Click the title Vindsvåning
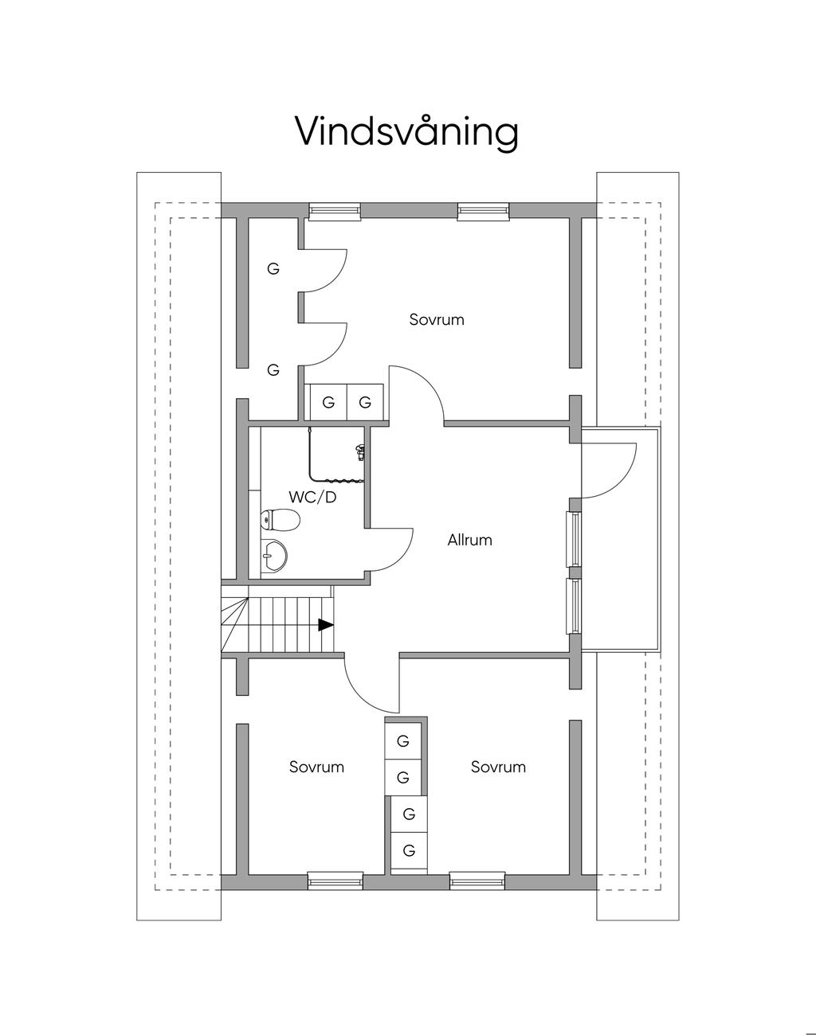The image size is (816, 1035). pos(406,131)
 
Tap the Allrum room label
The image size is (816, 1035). pos(469,540)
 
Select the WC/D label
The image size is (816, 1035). pos(312,497)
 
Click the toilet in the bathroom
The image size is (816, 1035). pos(280,521)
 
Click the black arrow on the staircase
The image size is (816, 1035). pos(325,625)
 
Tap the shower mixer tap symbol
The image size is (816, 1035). pos(361,451)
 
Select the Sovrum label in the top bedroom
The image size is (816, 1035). pos(437,320)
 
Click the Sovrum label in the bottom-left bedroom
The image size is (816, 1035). pos(316,767)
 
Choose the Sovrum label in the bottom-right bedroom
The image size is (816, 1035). pos(498,767)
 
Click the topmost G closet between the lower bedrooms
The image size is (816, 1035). pos(403,741)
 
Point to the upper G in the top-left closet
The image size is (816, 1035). pos(273,269)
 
